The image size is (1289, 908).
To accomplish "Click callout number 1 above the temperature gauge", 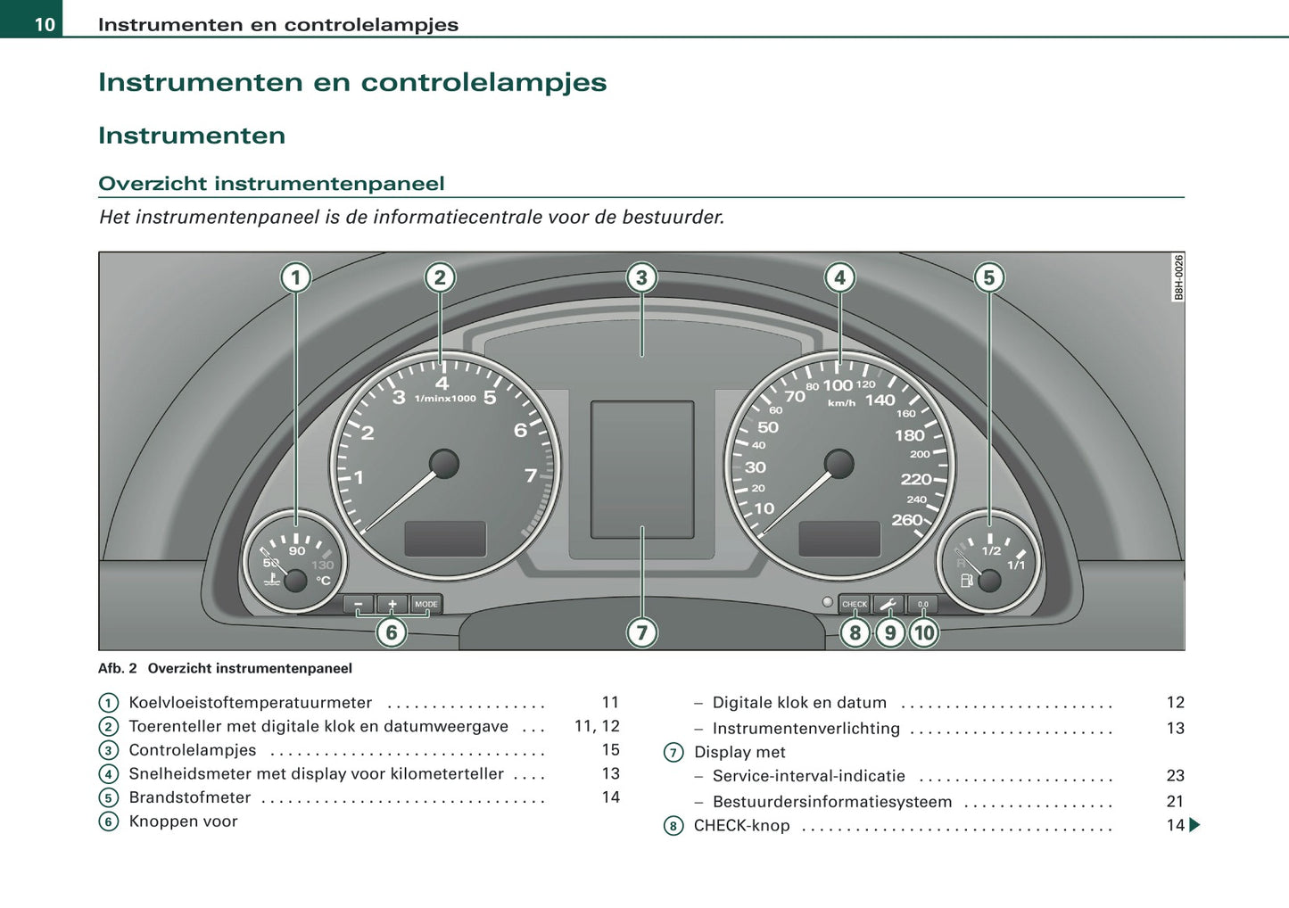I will (x=296, y=277).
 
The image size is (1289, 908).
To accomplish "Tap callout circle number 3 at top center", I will (x=641, y=277).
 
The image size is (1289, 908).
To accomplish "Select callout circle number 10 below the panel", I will (x=923, y=632).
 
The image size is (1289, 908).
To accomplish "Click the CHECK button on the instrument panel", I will (x=854, y=604).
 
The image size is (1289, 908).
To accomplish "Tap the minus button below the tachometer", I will (x=359, y=604).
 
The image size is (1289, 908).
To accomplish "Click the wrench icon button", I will (x=888, y=604).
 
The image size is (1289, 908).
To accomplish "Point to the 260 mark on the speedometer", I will (x=906, y=519).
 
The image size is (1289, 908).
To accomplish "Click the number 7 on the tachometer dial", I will (x=531, y=475).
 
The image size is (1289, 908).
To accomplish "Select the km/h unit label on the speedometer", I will (x=841, y=403).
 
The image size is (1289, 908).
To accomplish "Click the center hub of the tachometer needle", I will (x=444, y=463).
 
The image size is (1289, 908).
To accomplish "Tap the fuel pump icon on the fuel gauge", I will (x=966, y=581).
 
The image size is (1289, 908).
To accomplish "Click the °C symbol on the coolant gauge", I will (x=323, y=581).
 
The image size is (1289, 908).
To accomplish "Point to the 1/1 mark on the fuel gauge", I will (x=1016, y=565).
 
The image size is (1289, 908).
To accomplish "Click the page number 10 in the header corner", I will (x=45, y=24).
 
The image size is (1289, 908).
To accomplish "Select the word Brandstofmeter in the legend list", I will (x=190, y=797).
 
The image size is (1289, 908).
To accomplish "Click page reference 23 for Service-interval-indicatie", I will (x=1175, y=776).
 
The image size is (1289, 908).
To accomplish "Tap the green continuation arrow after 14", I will (x=1194, y=825).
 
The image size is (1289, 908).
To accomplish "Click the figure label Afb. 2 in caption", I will (x=118, y=668).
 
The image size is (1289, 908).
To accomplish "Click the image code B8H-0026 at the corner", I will (x=1178, y=277).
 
